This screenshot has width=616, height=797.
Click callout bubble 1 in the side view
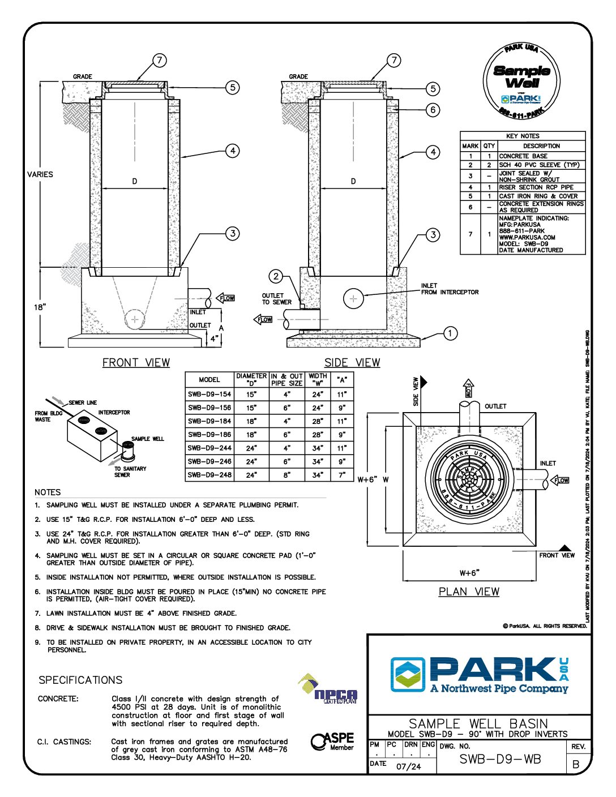tap(450, 333)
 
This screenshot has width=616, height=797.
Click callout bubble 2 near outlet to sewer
tap(276, 276)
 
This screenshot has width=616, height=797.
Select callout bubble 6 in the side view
tap(433, 110)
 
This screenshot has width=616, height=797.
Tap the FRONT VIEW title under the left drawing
tap(136, 363)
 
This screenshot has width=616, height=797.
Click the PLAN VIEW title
tap(469, 592)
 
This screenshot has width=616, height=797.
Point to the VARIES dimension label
tap(40, 174)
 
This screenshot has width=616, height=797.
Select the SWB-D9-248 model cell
tap(209, 475)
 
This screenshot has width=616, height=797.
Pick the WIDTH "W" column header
tap(318, 379)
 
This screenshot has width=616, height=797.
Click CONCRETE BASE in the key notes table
tap(523, 156)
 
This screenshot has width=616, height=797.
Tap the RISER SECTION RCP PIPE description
tap(536, 187)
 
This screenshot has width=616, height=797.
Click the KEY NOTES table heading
tap(523, 136)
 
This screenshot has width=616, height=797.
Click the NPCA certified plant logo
tap(328, 689)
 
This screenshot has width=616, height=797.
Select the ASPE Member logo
tap(333, 742)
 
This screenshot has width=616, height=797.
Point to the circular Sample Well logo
tap(521, 82)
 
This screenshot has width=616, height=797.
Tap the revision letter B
tap(576, 764)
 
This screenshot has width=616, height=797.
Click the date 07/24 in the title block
tap(409, 767)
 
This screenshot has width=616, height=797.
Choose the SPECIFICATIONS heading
tap(80, 680)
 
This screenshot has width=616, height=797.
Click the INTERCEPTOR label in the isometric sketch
tap(114, 413)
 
